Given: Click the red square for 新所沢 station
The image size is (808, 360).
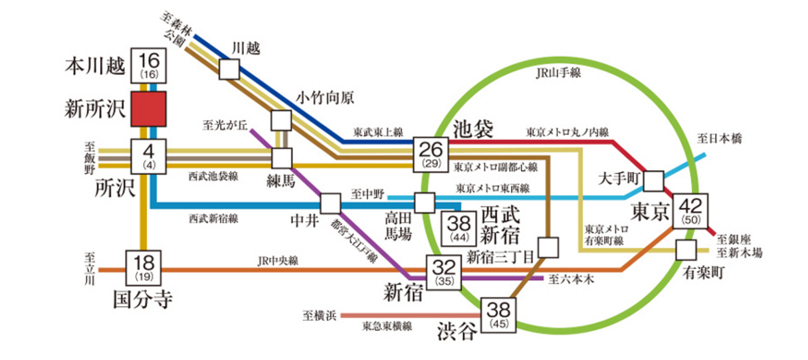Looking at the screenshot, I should (x=148, y=109).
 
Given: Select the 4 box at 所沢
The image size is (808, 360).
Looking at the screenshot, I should (x=148, y=157).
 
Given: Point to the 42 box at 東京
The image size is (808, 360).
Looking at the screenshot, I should (x=692, y=210).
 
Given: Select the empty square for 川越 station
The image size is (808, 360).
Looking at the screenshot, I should (x=229, y=69).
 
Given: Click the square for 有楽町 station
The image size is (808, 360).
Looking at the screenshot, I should (x=685, y=250).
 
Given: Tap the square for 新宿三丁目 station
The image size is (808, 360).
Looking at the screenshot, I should (x=549, y=248).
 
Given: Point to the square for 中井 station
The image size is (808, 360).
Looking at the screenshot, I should (x=330, y=203).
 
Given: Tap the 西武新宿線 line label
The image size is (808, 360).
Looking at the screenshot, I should (x=213, y=217).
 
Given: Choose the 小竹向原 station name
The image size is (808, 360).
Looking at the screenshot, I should (x=325, y=98).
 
